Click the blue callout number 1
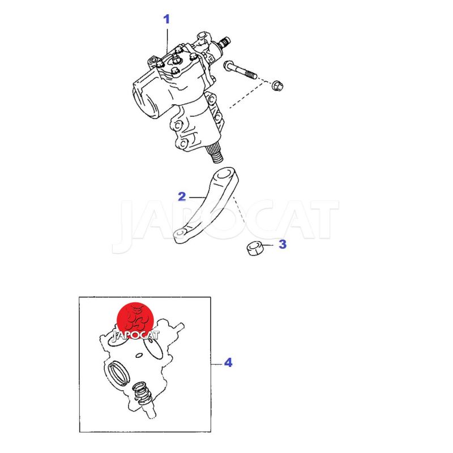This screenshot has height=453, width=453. coord(166,19)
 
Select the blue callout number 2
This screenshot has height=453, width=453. coord(182,196)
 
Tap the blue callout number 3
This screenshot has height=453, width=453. coord(283,244)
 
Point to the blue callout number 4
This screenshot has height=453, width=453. coord(228,362)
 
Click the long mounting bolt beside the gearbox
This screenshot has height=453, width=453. coord(240,70)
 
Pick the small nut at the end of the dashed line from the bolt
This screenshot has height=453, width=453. coord(277,86)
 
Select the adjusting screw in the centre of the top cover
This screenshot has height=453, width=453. coord(176,58)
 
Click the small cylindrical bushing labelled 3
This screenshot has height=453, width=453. coord(255,248)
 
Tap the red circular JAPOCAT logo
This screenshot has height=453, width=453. coord(135,321)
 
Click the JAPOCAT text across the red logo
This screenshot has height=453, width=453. coord(135,335)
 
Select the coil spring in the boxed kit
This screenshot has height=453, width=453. coord(143,392)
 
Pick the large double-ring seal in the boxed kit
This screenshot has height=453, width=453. coord(118,373)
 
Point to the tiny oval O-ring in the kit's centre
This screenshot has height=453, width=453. coord(139,355)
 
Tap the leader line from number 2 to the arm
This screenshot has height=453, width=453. coord(198,198)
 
